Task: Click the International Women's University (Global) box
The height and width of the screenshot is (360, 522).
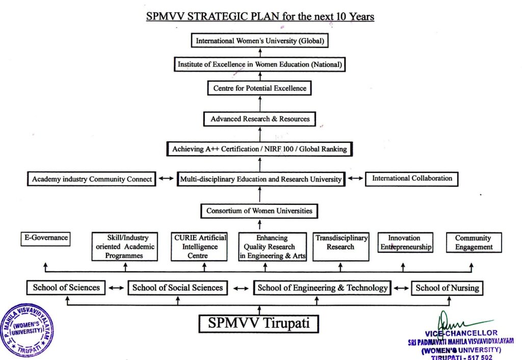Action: pos(260,40)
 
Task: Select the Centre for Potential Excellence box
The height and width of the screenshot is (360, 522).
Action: pos(259,88)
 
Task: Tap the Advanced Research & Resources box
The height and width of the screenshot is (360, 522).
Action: pos(260,119)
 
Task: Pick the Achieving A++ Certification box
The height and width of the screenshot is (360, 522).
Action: pos(259,149)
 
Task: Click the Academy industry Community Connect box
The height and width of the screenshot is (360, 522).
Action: pos(92,179)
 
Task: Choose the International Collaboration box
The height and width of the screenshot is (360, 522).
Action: pos(412,178)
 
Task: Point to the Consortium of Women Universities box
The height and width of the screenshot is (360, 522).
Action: pos(259,211)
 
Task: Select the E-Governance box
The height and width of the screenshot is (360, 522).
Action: pos(45,238)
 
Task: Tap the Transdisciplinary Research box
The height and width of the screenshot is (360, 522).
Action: pos(341,247)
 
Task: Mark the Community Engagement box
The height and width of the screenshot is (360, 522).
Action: pos(474,243)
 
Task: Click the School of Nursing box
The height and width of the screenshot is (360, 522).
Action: pos(447,288)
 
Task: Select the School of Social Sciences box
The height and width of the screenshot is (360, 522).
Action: pos(177,288)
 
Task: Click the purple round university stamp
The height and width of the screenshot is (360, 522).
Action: pos(27,330)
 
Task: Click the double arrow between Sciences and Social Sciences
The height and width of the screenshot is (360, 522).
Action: pos(116,288)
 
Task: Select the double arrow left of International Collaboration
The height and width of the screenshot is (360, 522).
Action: pos(356,179)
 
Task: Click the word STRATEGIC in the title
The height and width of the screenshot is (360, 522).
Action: pos(220,16)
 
